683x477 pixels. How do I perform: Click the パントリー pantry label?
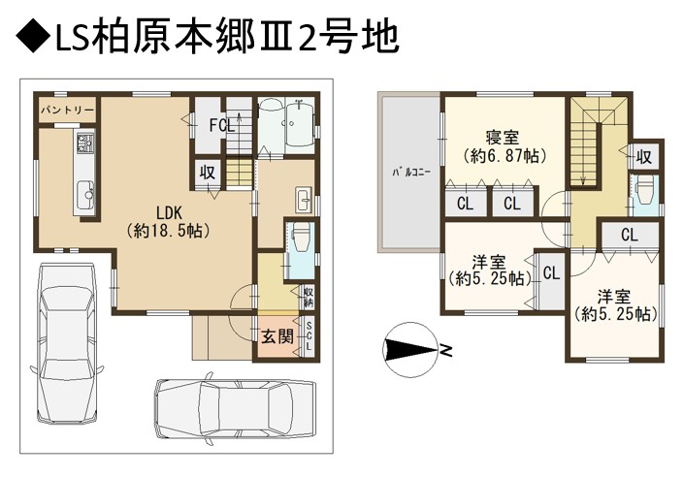coord(68,110)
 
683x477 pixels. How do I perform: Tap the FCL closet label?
coord(222,126)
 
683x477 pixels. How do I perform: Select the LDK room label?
coord(169,213)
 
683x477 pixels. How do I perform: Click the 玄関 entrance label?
coord(277,336)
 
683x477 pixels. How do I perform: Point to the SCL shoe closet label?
coord(309,336)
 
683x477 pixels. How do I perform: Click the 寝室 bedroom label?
coord(503,138)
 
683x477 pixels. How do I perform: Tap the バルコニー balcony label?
coord(411,173)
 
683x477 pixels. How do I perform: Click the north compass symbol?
coord(410,349)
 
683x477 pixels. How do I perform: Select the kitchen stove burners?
coord(85,143)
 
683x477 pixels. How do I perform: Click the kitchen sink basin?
coord(84,196)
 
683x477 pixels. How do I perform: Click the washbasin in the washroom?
coord(304,201)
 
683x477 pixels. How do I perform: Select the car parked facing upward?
coord(67,342)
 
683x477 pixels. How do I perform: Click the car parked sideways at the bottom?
coord(236,408)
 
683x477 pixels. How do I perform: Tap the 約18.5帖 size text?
coord(169,231)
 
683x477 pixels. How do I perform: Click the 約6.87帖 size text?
coord(504,155)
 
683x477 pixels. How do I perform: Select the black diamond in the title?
coord(33,37)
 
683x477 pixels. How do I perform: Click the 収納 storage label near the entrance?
coord(309,298)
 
